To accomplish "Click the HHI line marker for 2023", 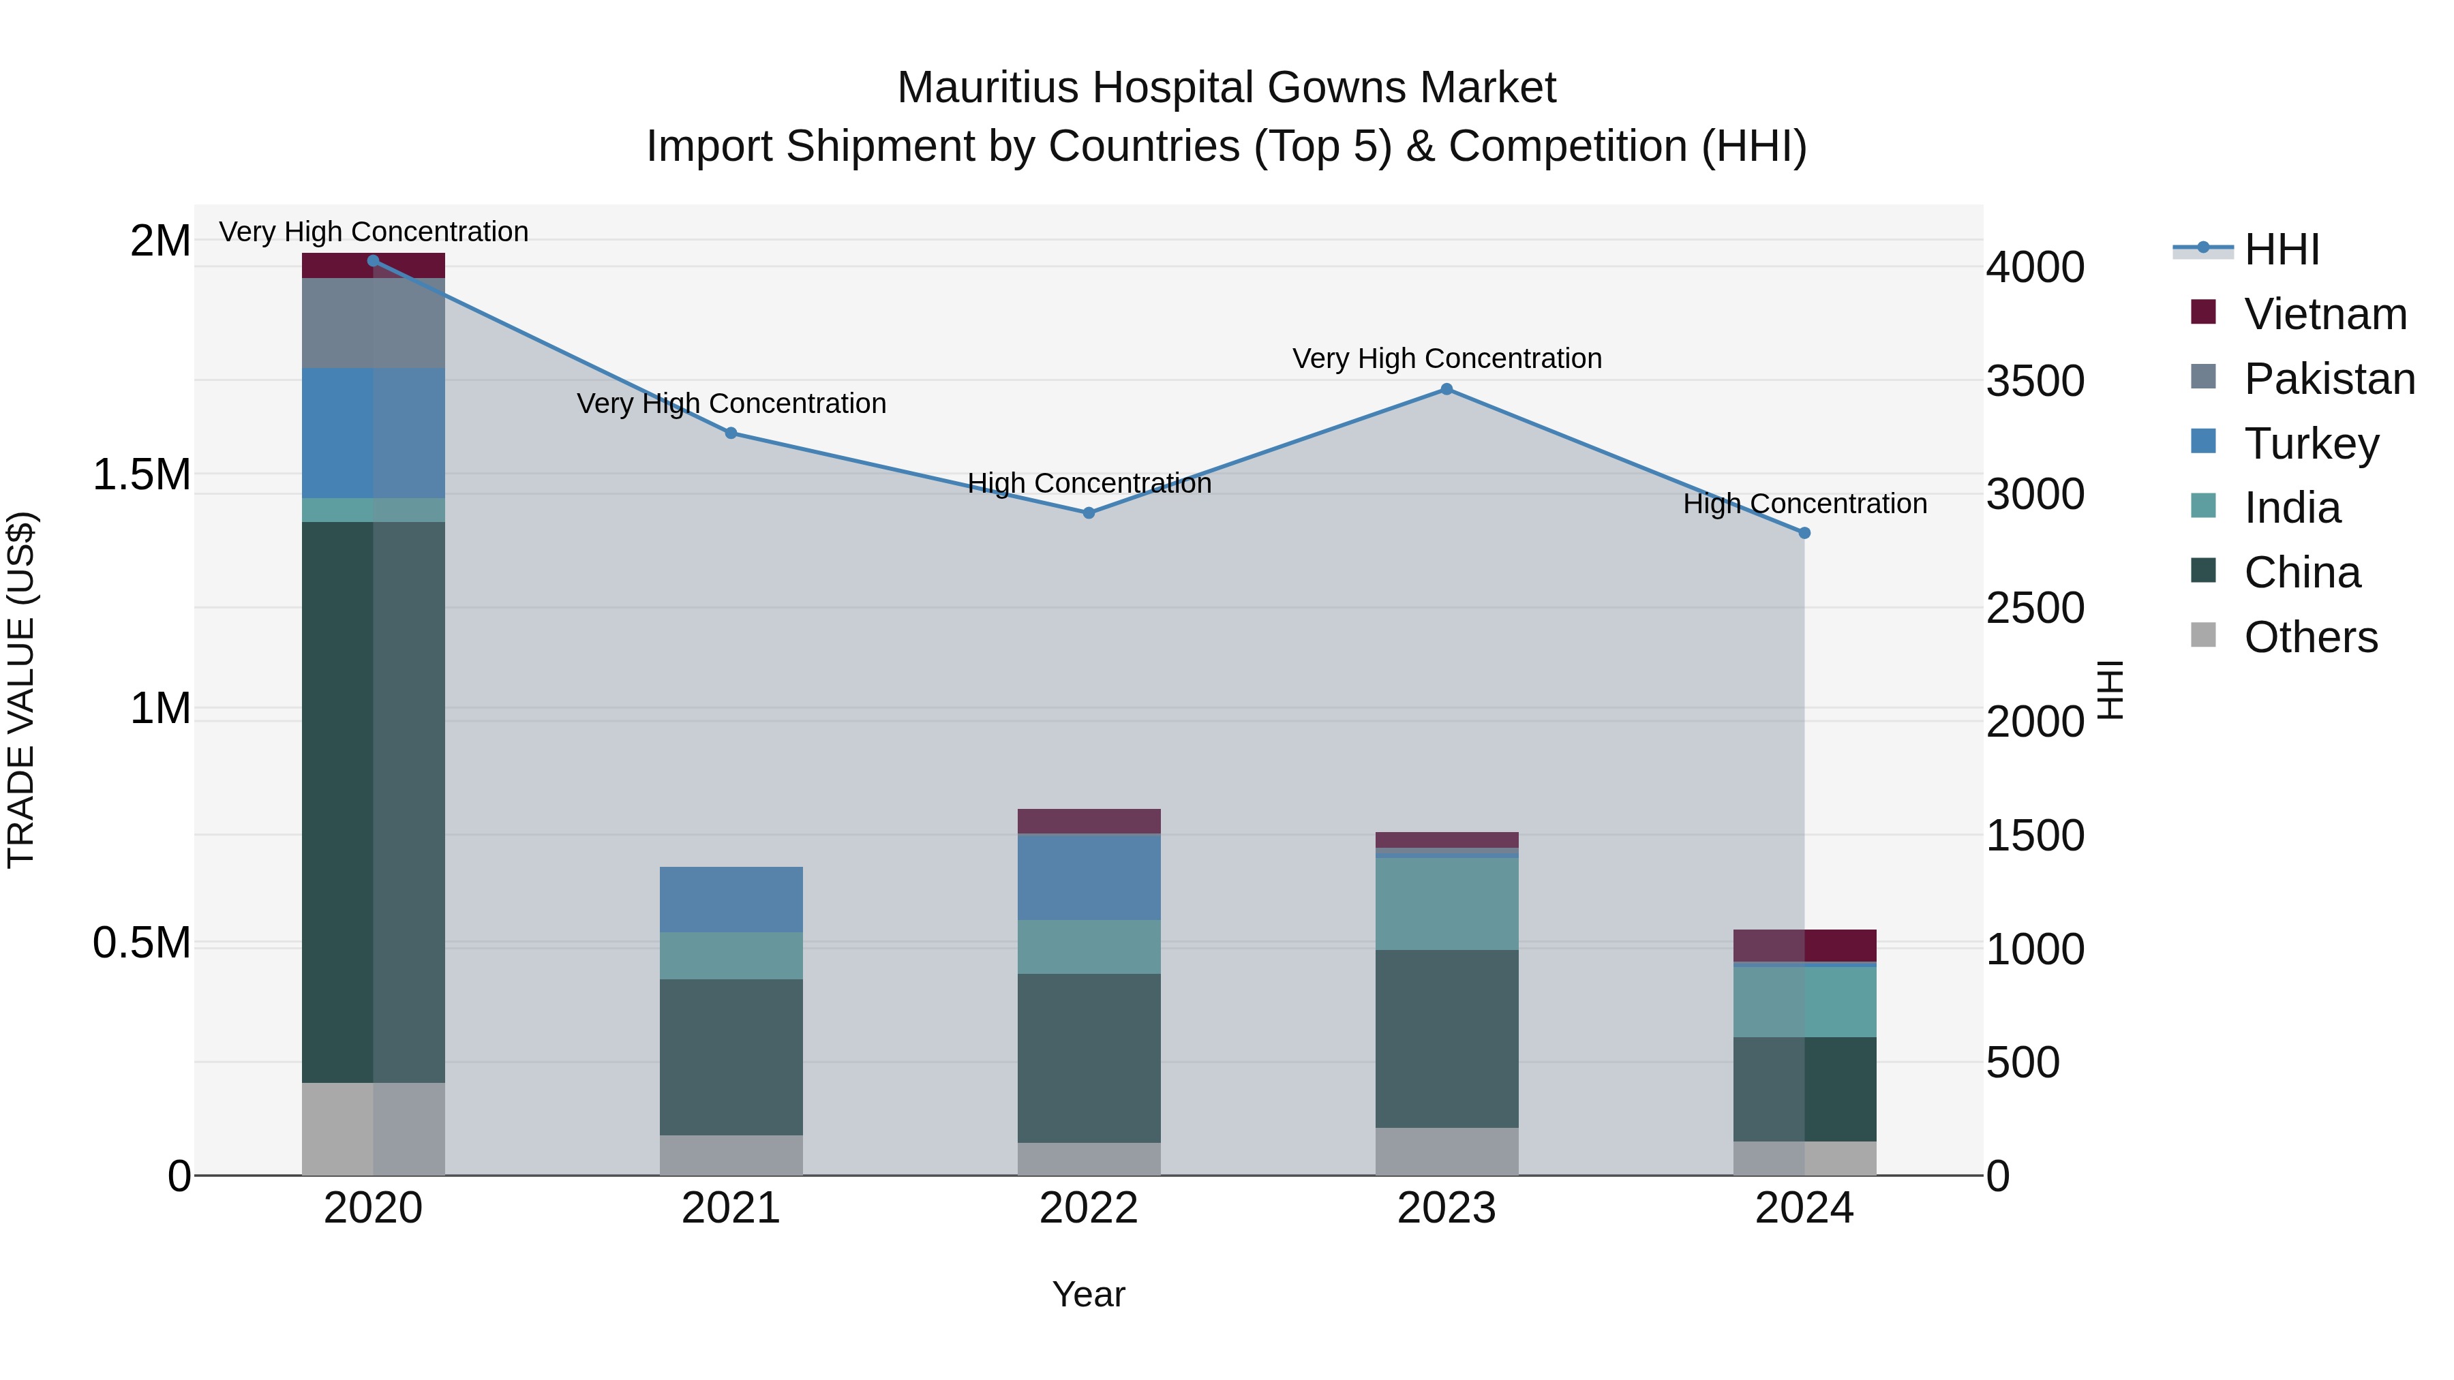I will pyautogui.click(x=1446, y=388).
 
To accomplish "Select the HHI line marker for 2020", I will pyautogui.click(x=374, y=261).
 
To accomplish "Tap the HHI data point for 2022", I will pyautogui.click(x=1089, y=512).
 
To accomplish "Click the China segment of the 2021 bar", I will pyautogui.click(x=731, y=1056).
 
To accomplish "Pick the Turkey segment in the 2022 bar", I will pyautogui.click(x=1089, y=876).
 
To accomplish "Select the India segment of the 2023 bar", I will pyautogui.click(x=1446, y=903).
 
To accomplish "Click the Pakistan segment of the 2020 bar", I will pyautogui.click(x=374, y=323).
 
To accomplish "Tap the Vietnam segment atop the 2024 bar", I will pyautogui.click(x=1804, y=945).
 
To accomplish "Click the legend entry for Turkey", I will pyautogui.click(x=2311, y=444).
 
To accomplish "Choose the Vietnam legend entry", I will pyautogui.click(x=2324, y=314).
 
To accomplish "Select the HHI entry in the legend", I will pyautogui.click(x=2281, y=249).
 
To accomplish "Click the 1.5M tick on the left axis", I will pyautogui.click(x=142, y=474).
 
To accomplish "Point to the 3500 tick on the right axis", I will pyautogui.click(x=2035, y=381).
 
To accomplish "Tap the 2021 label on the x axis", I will pyautogui.click(x=731, y=1208).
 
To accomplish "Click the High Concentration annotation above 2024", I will pyautogui.click(x=1804, y=503).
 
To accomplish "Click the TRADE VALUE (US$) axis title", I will pyautogui.click(x=21, y=690).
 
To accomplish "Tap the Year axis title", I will pyautogui.click(x=1088, y=1294).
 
